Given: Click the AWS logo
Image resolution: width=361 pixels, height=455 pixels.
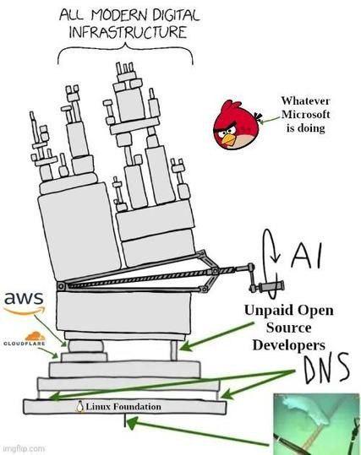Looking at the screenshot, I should (x=24, y=301).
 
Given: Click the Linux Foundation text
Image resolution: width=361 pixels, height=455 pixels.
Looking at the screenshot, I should (x=123, y=407).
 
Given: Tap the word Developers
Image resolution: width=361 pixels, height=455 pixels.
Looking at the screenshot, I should (x=288, y=345).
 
